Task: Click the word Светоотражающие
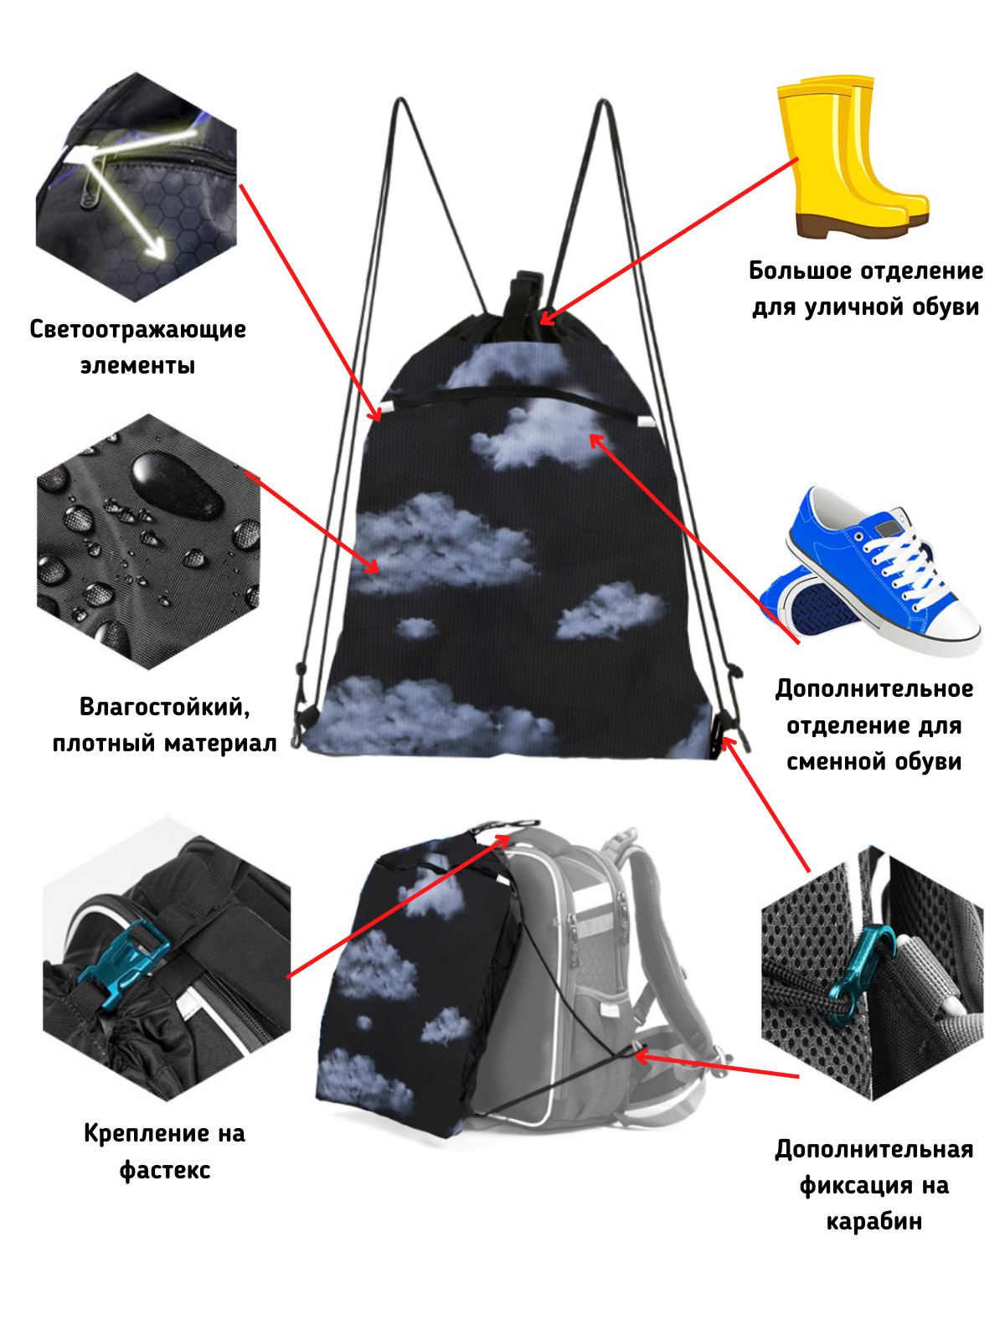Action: [x=137, y=330]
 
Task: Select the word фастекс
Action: [x=165, y=1170]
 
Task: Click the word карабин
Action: [x=874, y=1221]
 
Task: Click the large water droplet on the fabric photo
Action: [x=176, y=484]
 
